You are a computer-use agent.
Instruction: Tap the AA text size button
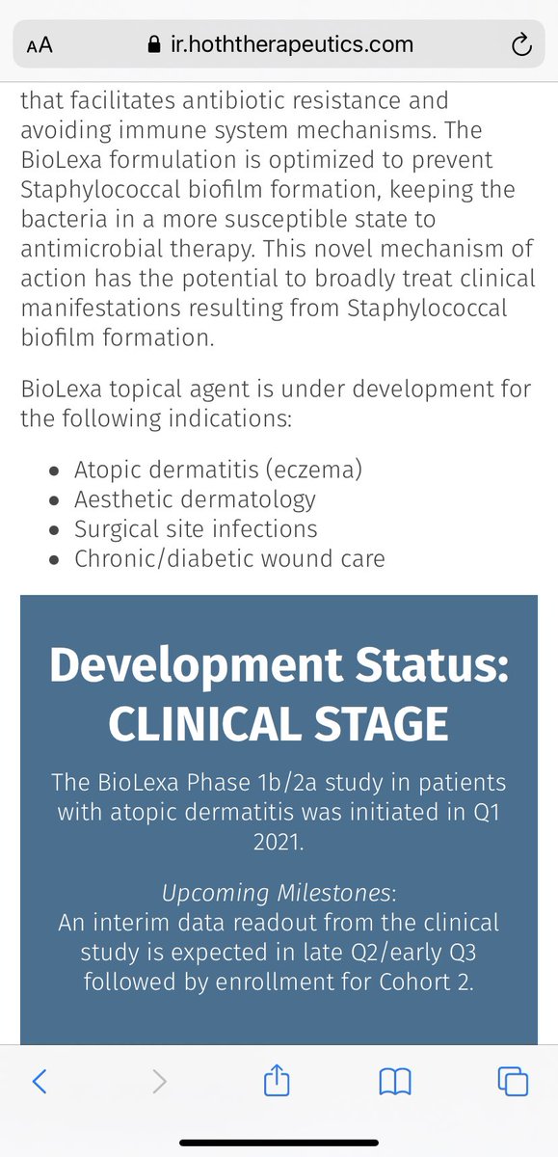point(40,45)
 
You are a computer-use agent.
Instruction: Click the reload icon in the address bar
point(521,44)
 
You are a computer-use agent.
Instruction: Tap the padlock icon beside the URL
point(154,44)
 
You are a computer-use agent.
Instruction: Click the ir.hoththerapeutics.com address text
point(292,45)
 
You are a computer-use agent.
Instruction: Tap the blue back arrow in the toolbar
point(40,1081)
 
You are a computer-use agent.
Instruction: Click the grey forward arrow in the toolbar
point(160,1081)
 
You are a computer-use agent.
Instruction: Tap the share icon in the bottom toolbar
point(277,1079)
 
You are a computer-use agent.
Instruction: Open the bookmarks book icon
point(395,1081)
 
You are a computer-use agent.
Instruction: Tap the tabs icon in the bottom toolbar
point(513,1081)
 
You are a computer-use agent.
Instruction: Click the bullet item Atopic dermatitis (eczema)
point(219,471)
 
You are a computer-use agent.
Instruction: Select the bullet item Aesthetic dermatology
point(195,499)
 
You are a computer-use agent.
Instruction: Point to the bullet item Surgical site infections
point(196,529)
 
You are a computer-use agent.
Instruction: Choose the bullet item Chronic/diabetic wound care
point(229,558)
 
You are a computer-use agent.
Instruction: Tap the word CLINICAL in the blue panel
point(205,724)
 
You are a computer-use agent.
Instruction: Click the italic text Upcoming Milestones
point(278,893)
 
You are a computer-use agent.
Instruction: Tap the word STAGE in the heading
point(381,724)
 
